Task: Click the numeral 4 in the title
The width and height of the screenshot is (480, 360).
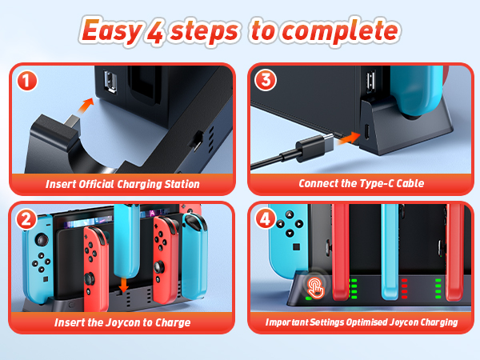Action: (156, 32)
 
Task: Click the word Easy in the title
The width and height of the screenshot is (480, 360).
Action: (111, 31)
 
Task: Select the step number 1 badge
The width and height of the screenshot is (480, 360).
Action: (27, 81)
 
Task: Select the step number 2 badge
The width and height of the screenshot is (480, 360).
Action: (26, 219)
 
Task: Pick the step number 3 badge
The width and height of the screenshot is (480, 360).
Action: (266, 80)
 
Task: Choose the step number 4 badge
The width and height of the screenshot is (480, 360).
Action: (265, 218)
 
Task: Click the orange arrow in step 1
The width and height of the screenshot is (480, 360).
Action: (86, 106)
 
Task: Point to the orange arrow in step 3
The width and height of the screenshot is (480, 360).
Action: (349, 138)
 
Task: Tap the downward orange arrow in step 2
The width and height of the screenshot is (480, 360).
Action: (123, 284)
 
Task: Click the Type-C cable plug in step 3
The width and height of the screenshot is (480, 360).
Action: (314, 147)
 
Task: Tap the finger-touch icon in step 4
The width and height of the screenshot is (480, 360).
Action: (316, 287)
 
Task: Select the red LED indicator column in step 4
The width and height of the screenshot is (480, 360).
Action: (404, 288)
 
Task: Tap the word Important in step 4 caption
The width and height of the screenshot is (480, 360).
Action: (287, 322)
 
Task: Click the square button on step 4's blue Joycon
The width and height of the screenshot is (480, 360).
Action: (296, 246)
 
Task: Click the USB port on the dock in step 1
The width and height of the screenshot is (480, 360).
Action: (110, 82)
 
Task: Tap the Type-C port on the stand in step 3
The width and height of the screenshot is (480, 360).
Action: (367, 132)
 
